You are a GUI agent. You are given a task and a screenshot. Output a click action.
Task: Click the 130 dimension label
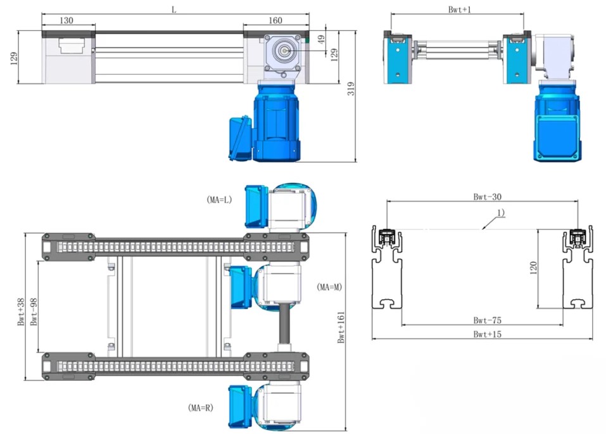(66, 20)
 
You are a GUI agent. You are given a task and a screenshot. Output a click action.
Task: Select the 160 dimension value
(275, 20)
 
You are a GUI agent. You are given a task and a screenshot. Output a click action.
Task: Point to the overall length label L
(174, 10)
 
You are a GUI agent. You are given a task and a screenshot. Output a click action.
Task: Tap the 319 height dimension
(351, 89)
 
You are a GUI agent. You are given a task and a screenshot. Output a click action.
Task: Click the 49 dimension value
(321, 39)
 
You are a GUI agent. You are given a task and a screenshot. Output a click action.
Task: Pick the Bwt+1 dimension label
(460, 10)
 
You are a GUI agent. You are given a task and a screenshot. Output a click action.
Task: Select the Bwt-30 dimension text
(488, 196)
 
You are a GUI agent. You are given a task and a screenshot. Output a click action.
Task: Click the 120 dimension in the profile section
(533, 267)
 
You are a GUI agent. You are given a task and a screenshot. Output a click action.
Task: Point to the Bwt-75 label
(488, 321)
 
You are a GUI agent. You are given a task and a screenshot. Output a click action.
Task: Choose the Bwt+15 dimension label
(488, 334)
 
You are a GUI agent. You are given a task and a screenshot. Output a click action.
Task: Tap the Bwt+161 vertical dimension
(341, 327)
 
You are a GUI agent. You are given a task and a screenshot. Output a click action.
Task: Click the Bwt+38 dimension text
(21, 312)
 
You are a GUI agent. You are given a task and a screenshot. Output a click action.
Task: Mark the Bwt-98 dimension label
(34, 312)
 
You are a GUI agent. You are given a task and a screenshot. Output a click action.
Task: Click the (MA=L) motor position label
(219, 200)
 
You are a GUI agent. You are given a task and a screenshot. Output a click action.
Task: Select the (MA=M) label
(329, 287)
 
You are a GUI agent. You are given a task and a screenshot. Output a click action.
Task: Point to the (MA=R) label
(201, 407)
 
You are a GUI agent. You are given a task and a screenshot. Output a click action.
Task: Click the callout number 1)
(500, 212)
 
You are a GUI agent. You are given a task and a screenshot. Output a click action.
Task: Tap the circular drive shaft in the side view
(284, 50)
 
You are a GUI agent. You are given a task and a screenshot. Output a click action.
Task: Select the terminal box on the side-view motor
(241, 137)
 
